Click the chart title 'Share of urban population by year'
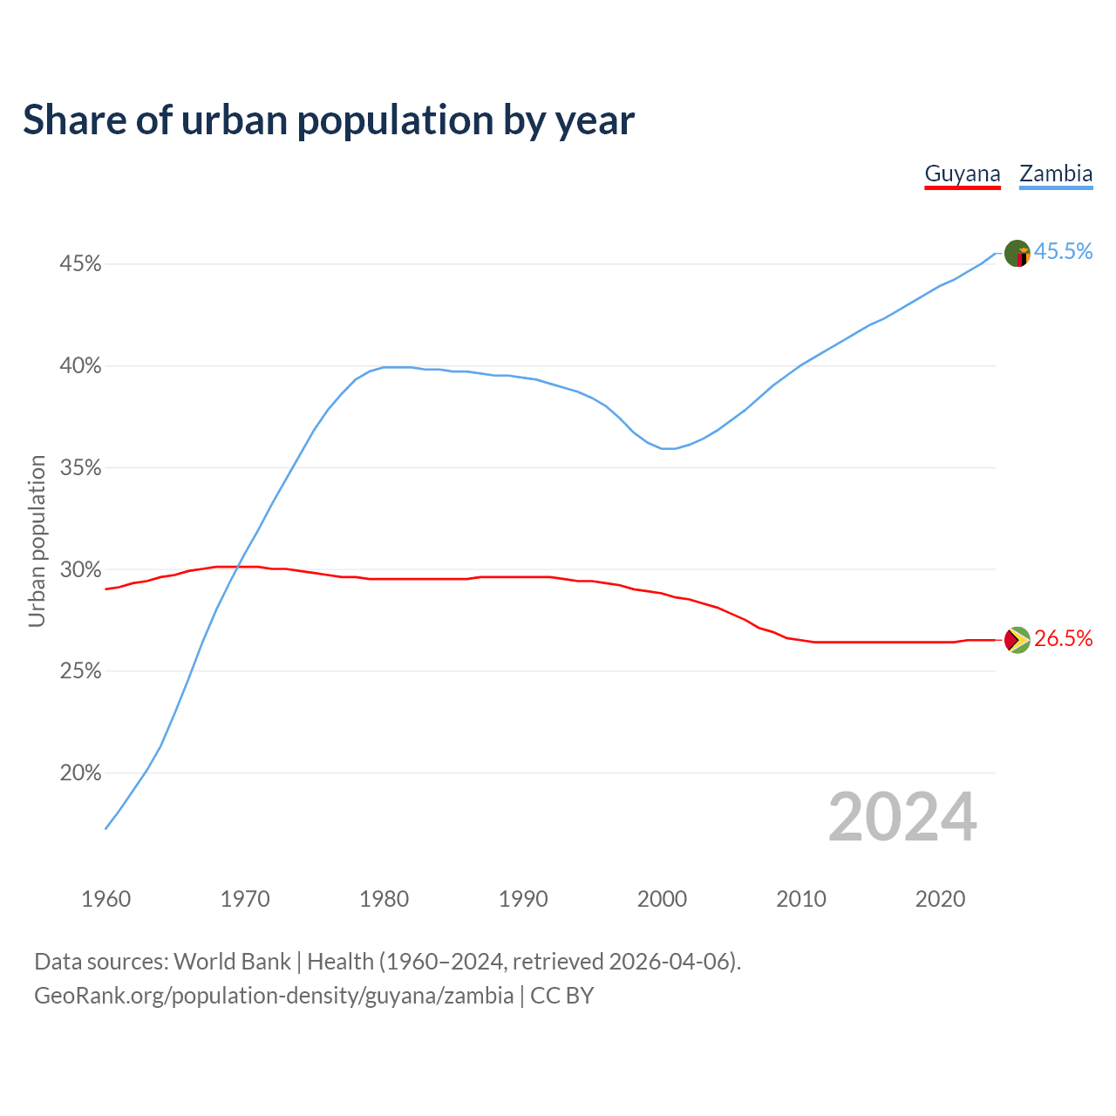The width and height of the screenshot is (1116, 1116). coord(329,120)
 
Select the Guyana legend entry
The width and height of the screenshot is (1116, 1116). coord(962,174)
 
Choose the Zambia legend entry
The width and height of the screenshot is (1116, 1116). coord(1056,174)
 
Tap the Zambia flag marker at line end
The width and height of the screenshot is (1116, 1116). coord(1017,253)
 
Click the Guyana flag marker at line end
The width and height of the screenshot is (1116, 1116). coord(1017,640)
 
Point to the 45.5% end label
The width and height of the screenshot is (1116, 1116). coord(1063,252)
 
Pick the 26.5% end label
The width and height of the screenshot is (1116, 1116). coord(1063,639)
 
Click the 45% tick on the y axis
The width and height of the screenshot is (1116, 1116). coord(80,263)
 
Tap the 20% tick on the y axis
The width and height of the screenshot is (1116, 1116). coord(80,773)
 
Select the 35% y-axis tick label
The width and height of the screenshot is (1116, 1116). coord(80,468)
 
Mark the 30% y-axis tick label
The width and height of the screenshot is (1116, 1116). coord(80,570)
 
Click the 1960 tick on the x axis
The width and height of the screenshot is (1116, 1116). coord(105,899)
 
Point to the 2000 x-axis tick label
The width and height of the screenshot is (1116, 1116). coord(662,899)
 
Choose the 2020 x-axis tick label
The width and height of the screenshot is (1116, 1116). coord(940,899)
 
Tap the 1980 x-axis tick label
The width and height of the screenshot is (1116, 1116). coord(384,899)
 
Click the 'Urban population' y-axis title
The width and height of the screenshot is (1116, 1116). coord(37,541)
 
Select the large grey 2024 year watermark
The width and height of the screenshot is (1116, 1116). coord(902,818)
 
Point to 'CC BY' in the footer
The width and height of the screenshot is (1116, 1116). coord(561,996)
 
